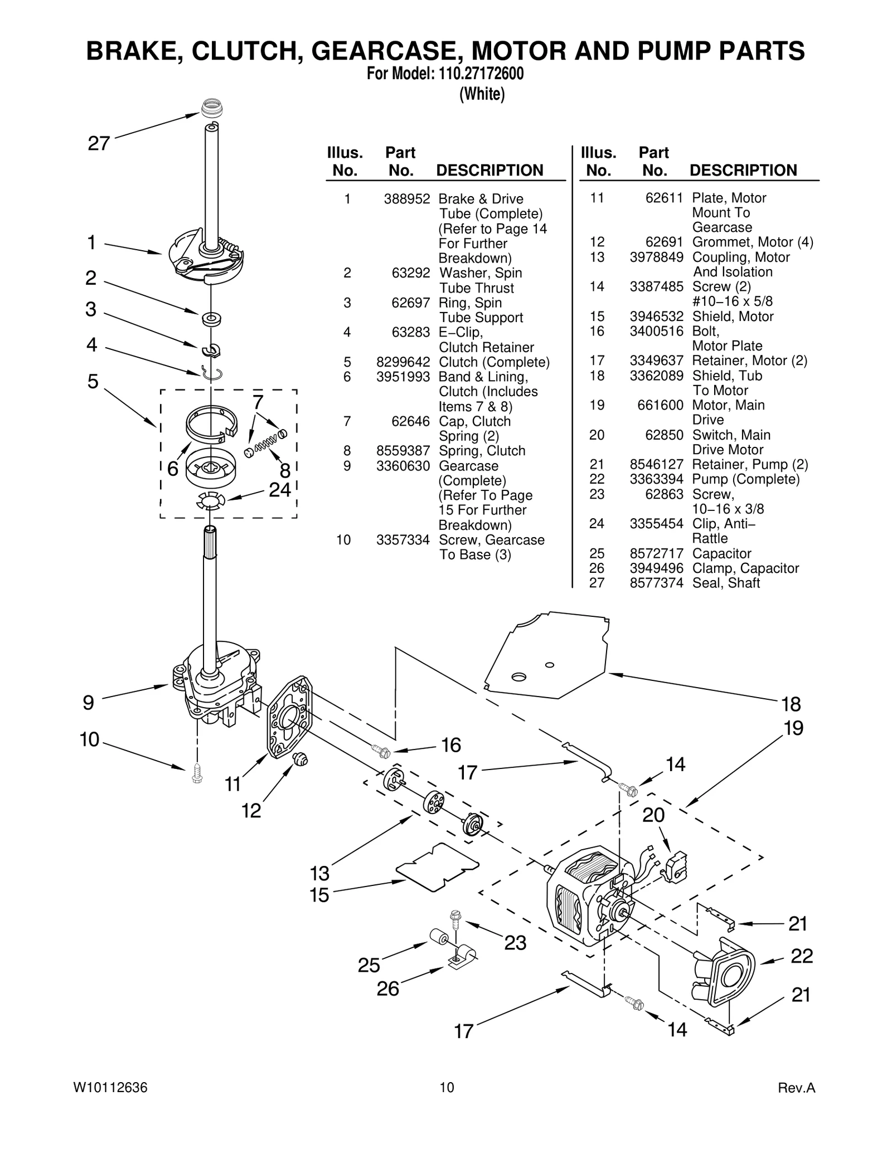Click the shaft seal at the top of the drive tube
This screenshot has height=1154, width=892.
click(210, 108)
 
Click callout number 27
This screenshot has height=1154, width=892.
click(99, 144)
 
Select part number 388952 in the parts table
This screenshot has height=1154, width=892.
click(406, 199)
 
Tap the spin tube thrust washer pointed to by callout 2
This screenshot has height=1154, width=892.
click(211, 319)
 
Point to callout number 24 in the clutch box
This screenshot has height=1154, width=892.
click(280, 489)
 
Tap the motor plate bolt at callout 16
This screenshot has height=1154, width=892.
click(381, 751)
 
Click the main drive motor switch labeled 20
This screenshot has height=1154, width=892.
click(676, 868)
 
